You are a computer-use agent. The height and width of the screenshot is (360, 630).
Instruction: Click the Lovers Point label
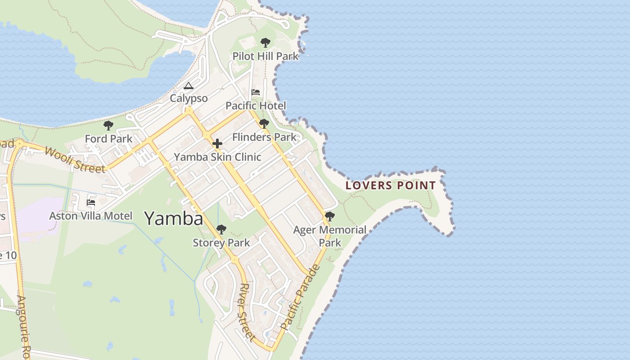(x=391, y=185)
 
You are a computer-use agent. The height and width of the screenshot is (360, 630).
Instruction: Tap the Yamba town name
(x=174, y=219)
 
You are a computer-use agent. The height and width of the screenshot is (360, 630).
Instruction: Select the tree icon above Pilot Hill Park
(x=265, y=43)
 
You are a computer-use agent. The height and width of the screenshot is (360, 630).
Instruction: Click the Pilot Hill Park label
(x=265, y=56)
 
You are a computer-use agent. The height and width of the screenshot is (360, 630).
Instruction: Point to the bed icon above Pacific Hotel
(x=256, y=92)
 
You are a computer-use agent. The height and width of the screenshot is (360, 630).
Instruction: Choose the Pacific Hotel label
(x=256, y=106)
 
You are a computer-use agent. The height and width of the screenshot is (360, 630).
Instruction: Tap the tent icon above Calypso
(x=189, y=85)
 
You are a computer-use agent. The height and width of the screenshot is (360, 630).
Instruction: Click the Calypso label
(x=189, y=99)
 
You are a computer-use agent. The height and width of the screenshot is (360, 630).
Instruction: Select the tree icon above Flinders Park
(x=264, y=124)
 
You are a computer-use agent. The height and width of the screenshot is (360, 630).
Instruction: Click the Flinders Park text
(x=264, y=137)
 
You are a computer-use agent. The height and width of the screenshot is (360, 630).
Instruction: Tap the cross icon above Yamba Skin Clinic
(x=217, y=144)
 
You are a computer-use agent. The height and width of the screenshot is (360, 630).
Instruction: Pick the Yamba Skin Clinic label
(x=217, y=157)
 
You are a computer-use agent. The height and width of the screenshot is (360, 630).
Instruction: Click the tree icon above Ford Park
(x=108, y=126)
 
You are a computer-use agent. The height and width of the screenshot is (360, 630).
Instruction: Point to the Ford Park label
(x=108, y=139)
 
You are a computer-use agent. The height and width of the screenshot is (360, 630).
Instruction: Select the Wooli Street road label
(x=75, y=159)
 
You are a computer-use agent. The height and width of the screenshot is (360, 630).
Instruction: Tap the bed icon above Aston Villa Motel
(x=91, y=202)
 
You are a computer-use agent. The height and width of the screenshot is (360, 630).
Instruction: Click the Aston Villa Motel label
(x=91, y=216)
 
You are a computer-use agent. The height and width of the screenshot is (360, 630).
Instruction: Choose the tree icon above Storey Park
(x=221, y=229)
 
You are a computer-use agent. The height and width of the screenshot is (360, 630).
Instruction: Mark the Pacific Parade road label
(x=300, y=297)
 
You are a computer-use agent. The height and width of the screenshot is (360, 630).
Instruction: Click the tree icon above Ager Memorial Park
(x=330, y=216)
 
